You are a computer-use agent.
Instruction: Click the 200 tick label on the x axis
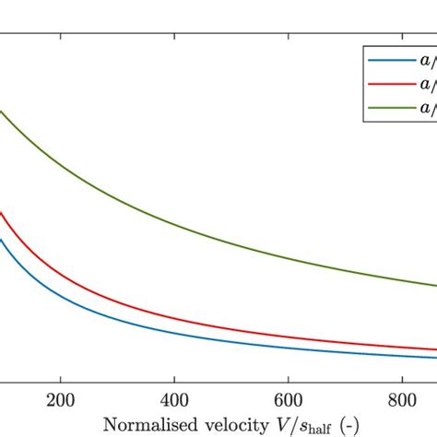(x=61, y=402)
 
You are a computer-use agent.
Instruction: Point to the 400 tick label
(x=174, y=402)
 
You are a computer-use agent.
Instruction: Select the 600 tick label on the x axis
(x=289, y=402)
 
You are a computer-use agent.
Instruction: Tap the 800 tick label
(x=402, y=402)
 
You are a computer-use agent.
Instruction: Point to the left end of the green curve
(x=1, y=112)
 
